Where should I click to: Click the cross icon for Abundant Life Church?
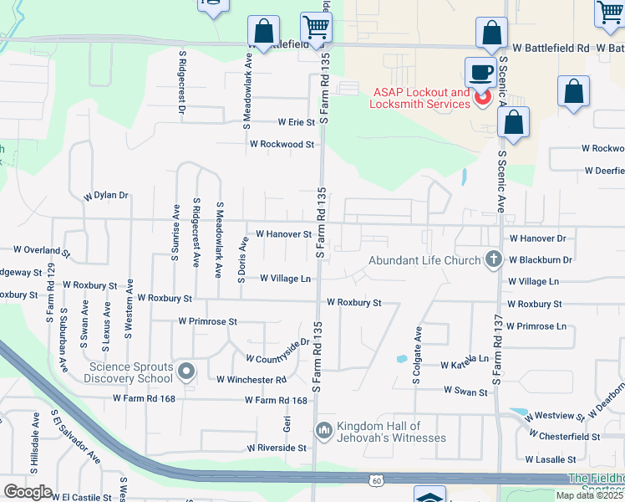tap(494, 259)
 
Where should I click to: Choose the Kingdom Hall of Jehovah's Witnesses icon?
tap(324, 431)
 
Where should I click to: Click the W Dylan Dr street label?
tap(106, 196)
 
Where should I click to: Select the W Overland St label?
tap(43, 250)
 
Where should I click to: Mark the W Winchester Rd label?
tap(252, 380)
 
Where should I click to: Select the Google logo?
tap(28, 491)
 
